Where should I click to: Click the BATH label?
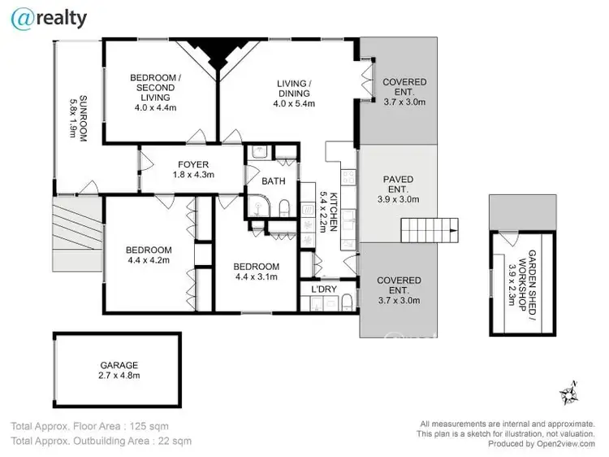[x=273, y=181]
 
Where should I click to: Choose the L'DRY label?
[x=319, y=289]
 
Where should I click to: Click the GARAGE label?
[x=119, y=365]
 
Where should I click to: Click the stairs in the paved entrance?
[x=430, y=230]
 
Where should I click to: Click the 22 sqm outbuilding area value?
[x=175, y=442]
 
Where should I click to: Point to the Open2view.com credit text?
[x=537, y=444]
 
